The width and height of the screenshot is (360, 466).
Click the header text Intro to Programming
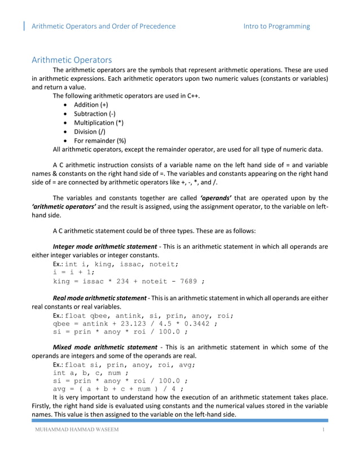click(276, 26)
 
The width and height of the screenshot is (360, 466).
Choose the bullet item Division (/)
click(90, 131)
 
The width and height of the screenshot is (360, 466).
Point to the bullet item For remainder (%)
click(100, 140)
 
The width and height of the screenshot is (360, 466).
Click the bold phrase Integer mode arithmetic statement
click(104, 246)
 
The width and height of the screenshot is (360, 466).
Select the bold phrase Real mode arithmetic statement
click(99, 297)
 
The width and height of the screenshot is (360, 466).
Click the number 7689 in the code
click(185, 281)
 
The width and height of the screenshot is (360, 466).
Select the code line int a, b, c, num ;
click(90, 373)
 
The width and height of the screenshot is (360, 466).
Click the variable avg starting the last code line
click(60, 390)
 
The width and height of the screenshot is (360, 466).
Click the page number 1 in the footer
click(324, 432)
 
